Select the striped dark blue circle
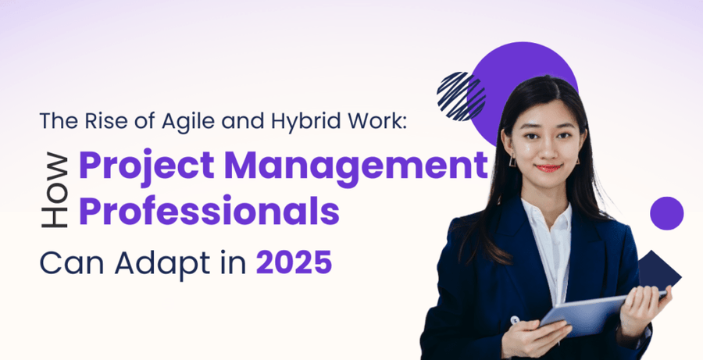pyautogui.click(x=461, y=95)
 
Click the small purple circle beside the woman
pyautogui.click(x=666, y=212)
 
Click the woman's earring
pyautogui.click(x=513, y=160)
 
